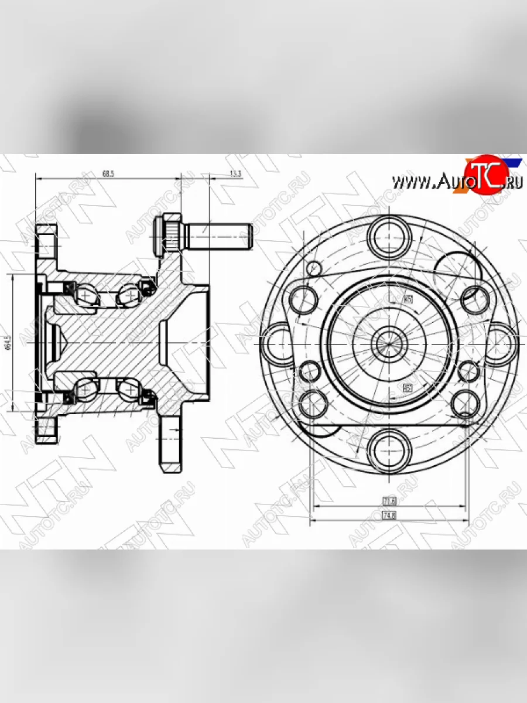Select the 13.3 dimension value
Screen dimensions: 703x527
pyautogui.click(x=235, y=174)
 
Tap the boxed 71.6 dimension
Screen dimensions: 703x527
pyautogui.click(x=390, y=501)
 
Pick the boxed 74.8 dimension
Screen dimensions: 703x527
pyautogui.click(x=390, y=516)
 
